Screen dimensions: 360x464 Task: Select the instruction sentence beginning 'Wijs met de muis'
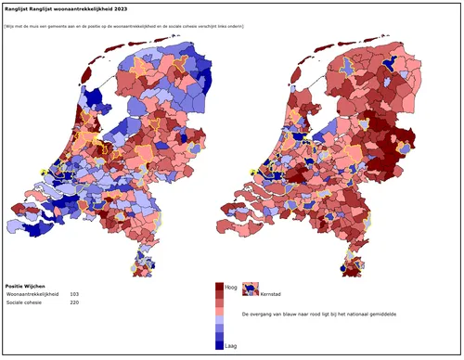point(124,26)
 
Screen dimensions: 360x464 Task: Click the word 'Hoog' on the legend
point(231,288)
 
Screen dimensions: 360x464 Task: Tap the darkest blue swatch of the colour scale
point(220,343)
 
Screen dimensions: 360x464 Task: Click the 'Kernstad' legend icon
point(249,289)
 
